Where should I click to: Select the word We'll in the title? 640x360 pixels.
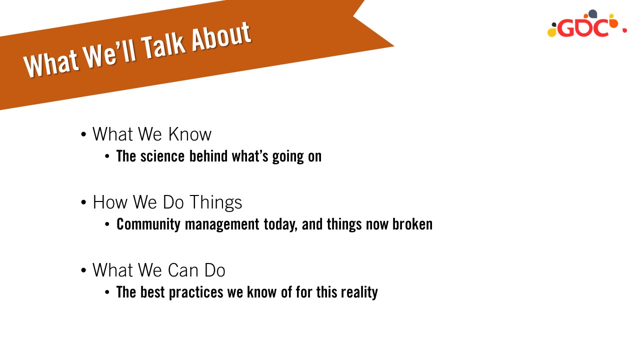coord(109,55)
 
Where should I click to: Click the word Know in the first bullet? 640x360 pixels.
coord(189,134)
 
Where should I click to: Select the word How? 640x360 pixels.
coord(110,202)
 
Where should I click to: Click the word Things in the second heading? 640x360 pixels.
coord(215,203)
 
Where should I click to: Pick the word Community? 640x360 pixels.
coord(148,224)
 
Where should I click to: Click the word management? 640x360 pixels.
coord(222,225)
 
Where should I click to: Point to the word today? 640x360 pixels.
coord(280,225)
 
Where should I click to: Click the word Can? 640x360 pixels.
coord(183,270)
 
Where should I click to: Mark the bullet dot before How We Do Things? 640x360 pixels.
coord(83,202)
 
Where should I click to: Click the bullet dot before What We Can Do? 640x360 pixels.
coord(83,270)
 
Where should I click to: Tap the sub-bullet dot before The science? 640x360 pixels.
coord(107,156)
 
